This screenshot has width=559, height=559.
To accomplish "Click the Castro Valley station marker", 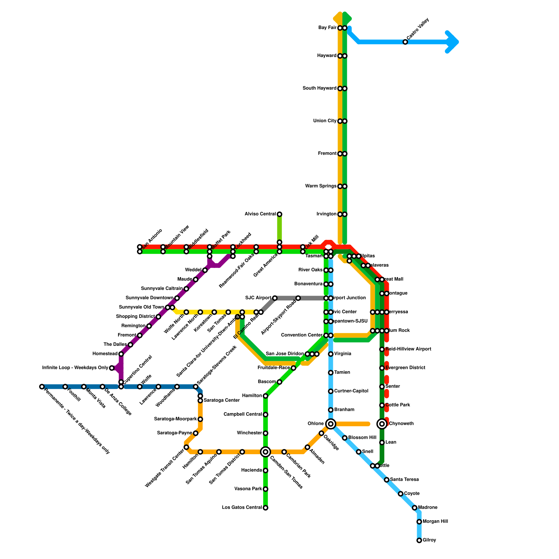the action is coord(405,42).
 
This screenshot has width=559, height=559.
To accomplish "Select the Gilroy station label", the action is coord(429,540).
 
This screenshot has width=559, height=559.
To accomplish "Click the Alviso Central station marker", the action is coord(279,214).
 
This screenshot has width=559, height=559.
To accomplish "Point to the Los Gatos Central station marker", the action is coord(266,508).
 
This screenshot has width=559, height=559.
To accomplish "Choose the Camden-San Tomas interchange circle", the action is coord(266,452).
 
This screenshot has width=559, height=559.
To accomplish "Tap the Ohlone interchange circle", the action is coord(331,424).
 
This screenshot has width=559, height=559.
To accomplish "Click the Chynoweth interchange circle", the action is coord(382,424).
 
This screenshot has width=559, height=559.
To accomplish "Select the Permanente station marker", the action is coord(42,386).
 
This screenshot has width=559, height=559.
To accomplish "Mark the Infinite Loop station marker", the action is coord(112,368).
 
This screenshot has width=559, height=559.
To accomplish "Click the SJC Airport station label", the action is coord(258,298).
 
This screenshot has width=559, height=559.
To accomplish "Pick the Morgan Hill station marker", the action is coord(419,522).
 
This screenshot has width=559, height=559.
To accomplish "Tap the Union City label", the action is coord(325,121).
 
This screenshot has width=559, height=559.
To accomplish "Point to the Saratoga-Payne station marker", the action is coord(196,433).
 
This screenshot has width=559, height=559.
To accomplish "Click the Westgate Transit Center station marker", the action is coord(186,447).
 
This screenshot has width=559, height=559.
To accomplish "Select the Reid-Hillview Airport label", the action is coord(408,349).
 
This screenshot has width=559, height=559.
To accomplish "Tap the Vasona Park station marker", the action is coord(266,489).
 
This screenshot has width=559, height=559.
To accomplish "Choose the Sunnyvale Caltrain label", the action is coord(161,289).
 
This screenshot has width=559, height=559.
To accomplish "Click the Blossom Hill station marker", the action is coord(344,438).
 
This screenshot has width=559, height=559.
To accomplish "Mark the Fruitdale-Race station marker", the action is coord(293,368).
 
